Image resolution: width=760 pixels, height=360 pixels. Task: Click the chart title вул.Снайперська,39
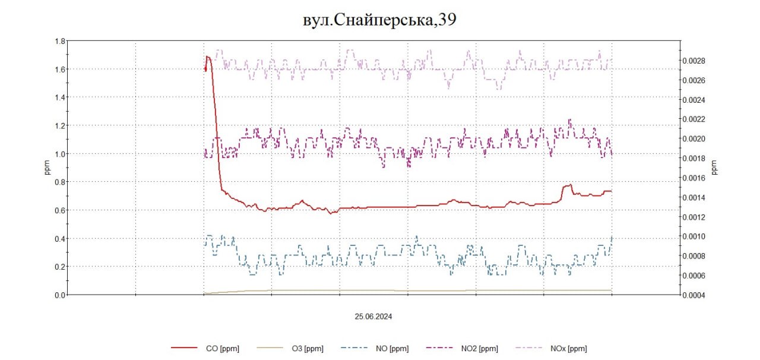pyautogui.click(x=379, y=20)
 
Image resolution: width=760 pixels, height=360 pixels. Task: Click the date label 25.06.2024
pyautogui.click(x=373, y=317)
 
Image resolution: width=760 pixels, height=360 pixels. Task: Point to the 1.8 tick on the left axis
pyautogui.click(x=59, y=41)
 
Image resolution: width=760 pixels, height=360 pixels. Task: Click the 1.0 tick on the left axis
pyautogui.click(x=59, y=154)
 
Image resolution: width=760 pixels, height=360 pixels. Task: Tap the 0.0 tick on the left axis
pyautogui.click(x=59, y=295)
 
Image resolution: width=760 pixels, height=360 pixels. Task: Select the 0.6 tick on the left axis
pyautogui.click(x=59, y=210)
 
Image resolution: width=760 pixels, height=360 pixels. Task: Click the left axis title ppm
pyautogui.click(x=47, y=168)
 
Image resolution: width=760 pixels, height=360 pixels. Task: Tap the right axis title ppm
pyautogui.click(x=715, y=168)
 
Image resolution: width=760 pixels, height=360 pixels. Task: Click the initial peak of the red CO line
pyautogui.click(x=207, y=57)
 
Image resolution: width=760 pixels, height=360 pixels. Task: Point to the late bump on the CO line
pyautogui.click(x=568, y=186)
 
